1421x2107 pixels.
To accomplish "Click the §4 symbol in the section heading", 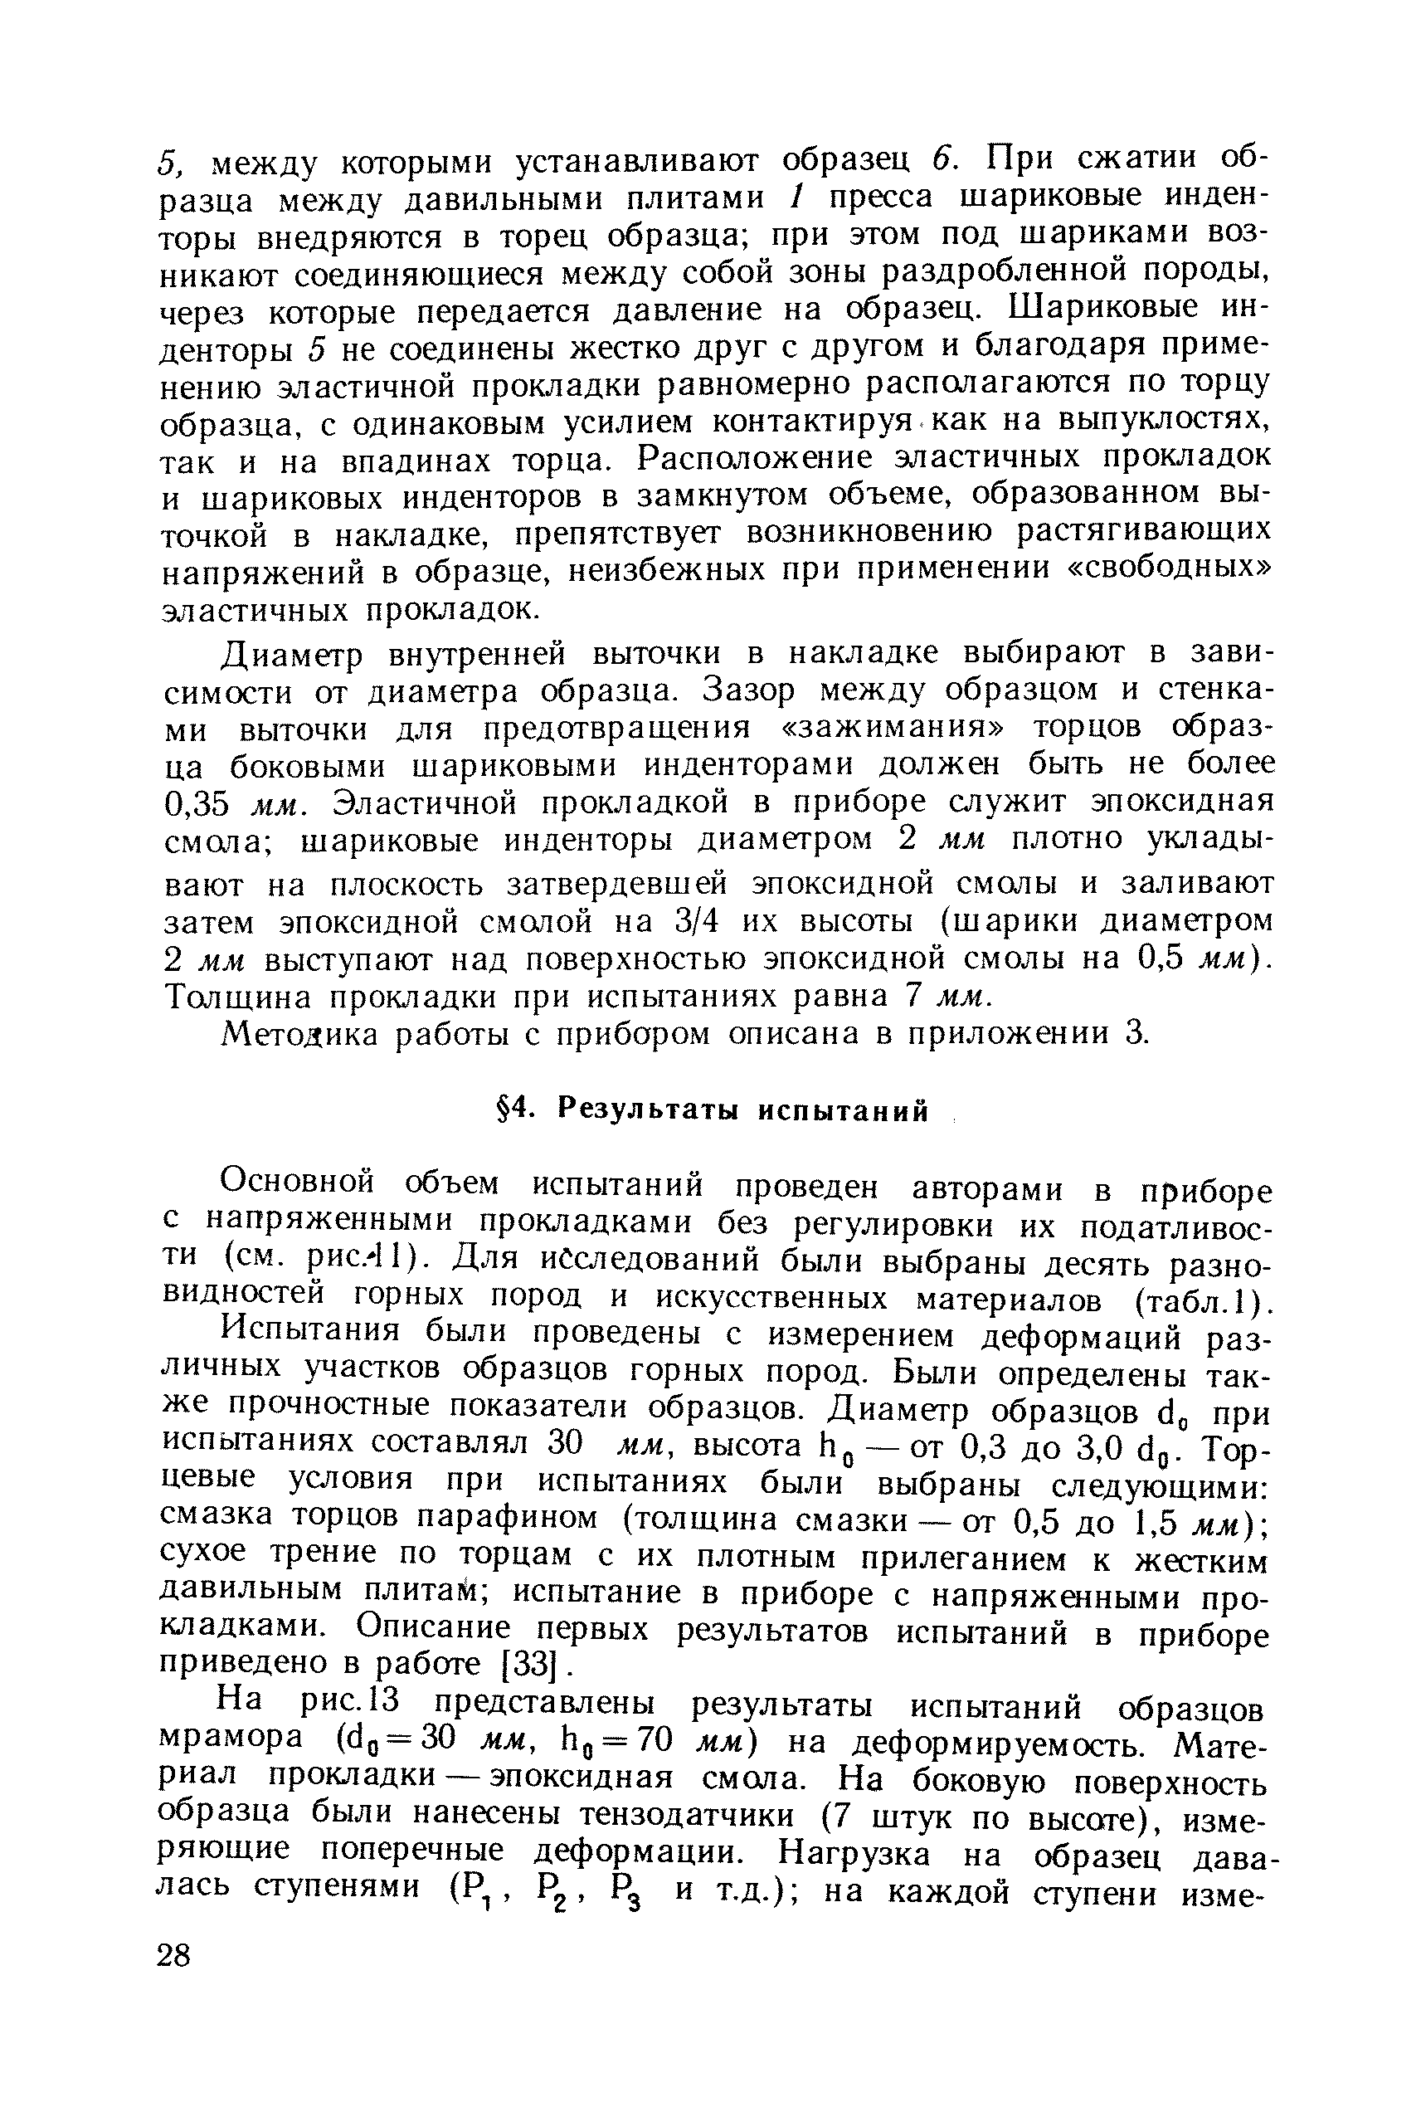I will [x=513, y=1110].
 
